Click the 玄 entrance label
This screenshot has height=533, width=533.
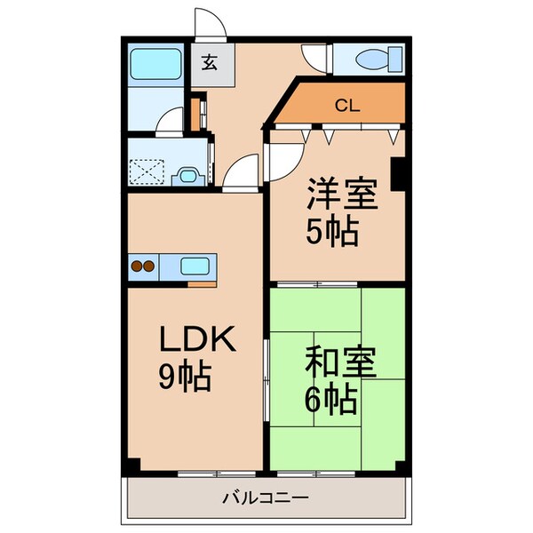coord(210,63)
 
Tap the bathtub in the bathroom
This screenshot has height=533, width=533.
coord(156,64)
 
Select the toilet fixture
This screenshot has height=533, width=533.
coord(370,60)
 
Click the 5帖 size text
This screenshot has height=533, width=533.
coord(333,232)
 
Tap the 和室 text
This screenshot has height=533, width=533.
coord(342,363)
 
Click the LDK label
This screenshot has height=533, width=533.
coord(196,341)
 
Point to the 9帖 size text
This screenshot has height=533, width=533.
coord(185,378)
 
